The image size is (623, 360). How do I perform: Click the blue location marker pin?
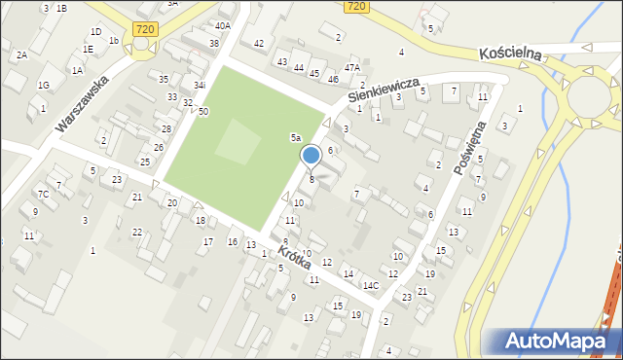[311, 156]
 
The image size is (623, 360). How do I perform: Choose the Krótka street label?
[293, 257]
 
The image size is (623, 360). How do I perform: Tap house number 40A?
[223, 25]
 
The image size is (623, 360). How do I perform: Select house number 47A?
[351, 67]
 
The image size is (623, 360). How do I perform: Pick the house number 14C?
[371, 285]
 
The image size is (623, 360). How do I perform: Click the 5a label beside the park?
[295, 138]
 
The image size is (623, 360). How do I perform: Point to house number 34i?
[199, 86]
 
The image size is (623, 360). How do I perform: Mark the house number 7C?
[43, 194]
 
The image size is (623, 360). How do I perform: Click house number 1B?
[61, 8]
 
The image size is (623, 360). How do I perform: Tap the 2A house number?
[21, 55]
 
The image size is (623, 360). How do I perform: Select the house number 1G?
[43, 86]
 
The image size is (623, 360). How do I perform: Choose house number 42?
[258, 44]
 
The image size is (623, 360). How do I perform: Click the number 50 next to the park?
[202, 112]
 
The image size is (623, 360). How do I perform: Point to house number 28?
[166, 128]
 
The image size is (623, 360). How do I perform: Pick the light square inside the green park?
[238, 143]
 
